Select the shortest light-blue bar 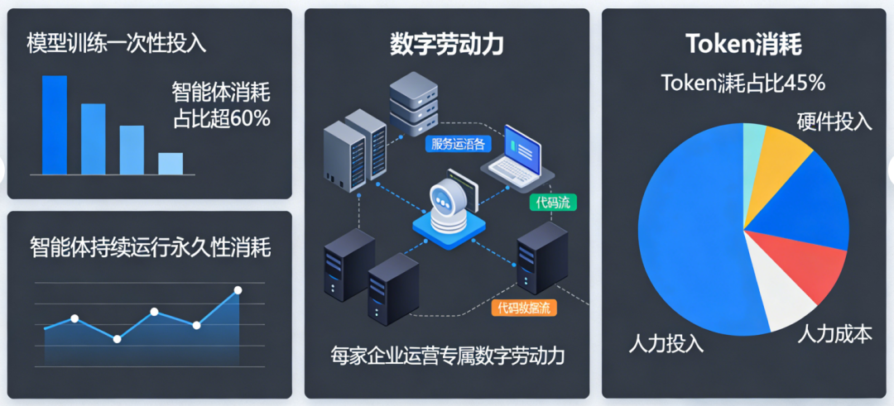[171, 164]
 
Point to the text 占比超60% [221, 118]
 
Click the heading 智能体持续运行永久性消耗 [150, 247]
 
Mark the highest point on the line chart [238, 290]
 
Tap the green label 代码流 [553, 203]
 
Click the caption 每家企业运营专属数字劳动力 [447, 356]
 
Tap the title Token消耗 [743, 44]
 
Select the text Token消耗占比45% [743, 84]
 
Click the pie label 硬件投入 [834, 121]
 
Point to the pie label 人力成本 [834, 334]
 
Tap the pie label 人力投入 [666, 342]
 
